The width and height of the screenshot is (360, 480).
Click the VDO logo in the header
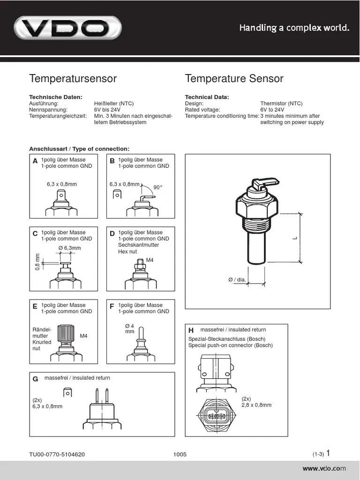[67, 29]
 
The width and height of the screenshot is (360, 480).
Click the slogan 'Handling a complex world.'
[294, 28]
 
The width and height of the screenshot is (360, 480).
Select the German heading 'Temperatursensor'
[73, 78]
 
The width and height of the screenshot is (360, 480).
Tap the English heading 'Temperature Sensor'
[234, 78]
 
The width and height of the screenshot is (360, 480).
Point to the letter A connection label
[35, 161]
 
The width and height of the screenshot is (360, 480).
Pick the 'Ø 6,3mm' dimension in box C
[69, 248]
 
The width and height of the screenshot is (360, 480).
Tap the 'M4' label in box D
[150, 260]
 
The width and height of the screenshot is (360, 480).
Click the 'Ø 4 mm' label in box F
[130, 329]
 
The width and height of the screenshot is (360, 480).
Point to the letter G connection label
[35, 379]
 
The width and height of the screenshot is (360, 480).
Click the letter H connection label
[191, 330]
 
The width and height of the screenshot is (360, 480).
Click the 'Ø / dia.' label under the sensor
[237, 280]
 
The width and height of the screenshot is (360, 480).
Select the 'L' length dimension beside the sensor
[295, 238]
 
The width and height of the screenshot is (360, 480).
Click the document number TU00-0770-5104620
[57, 454]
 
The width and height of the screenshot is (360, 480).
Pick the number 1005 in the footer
[180, 454]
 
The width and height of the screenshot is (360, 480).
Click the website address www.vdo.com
[324, 468]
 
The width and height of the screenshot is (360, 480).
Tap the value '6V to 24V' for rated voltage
[272, 110]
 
